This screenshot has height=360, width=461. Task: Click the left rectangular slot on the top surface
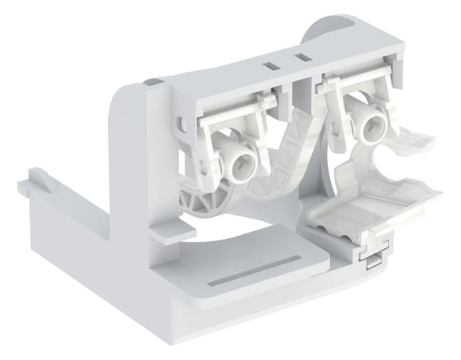pos(269,65)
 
